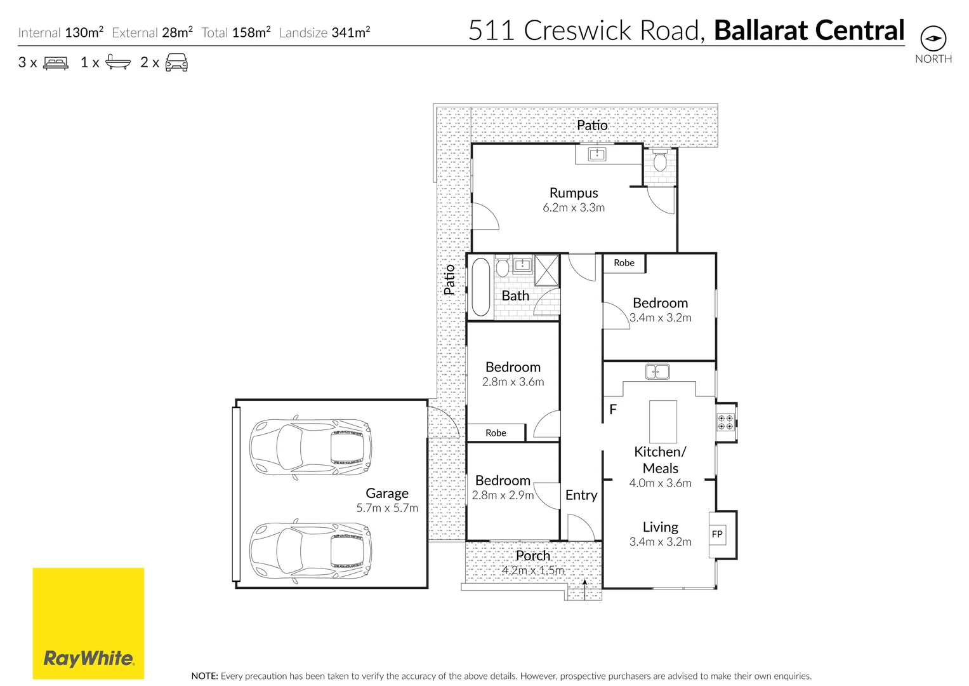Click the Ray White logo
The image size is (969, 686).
coord(88,623)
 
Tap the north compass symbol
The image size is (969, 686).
coord(933,39)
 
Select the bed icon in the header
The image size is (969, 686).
coord(56,63)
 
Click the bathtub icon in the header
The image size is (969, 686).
coord(118,62)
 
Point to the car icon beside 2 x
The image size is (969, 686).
coord(176,62)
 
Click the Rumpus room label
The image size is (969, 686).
coord(574,193)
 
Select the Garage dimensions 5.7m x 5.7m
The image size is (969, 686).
coord(387,508)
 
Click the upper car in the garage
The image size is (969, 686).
coord(310,447)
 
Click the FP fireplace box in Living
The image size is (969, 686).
coord(717,534)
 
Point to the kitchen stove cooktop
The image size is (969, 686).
coord(725,422)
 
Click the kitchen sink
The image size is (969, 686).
coord(657,372)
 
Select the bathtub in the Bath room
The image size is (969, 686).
coord(481,286)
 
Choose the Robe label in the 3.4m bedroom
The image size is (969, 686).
coord(624,263)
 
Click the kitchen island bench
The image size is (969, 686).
coord(662,422)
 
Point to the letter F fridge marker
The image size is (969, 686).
coord(613,410)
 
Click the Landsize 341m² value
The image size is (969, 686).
coord(350,32)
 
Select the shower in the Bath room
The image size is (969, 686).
coord(546,270)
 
